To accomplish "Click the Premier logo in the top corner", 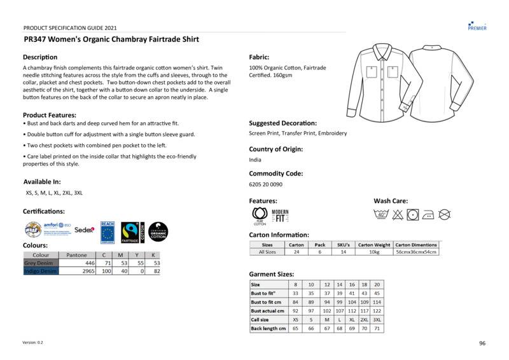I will pos(477,25).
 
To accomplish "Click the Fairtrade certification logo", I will pos(130,232).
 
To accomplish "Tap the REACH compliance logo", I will pos(107,232).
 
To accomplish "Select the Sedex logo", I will pos(84,230).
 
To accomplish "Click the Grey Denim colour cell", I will pos(41,262).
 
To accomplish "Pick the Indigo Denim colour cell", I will pos(41,271).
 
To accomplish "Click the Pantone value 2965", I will pos(87,271).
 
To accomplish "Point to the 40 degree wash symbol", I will pos(381,214).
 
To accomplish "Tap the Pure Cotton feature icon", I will pos(260,216).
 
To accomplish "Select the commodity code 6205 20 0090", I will pos(265,184).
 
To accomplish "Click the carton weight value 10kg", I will pos(374,252).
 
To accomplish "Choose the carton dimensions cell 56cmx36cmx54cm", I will pos(417,252).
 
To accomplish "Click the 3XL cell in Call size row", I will pos(377,319).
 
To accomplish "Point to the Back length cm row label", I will pos(268,328).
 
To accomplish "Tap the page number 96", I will pos(482,343).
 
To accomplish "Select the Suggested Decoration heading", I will pos(282,123).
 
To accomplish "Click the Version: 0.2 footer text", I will pos(33,343).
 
